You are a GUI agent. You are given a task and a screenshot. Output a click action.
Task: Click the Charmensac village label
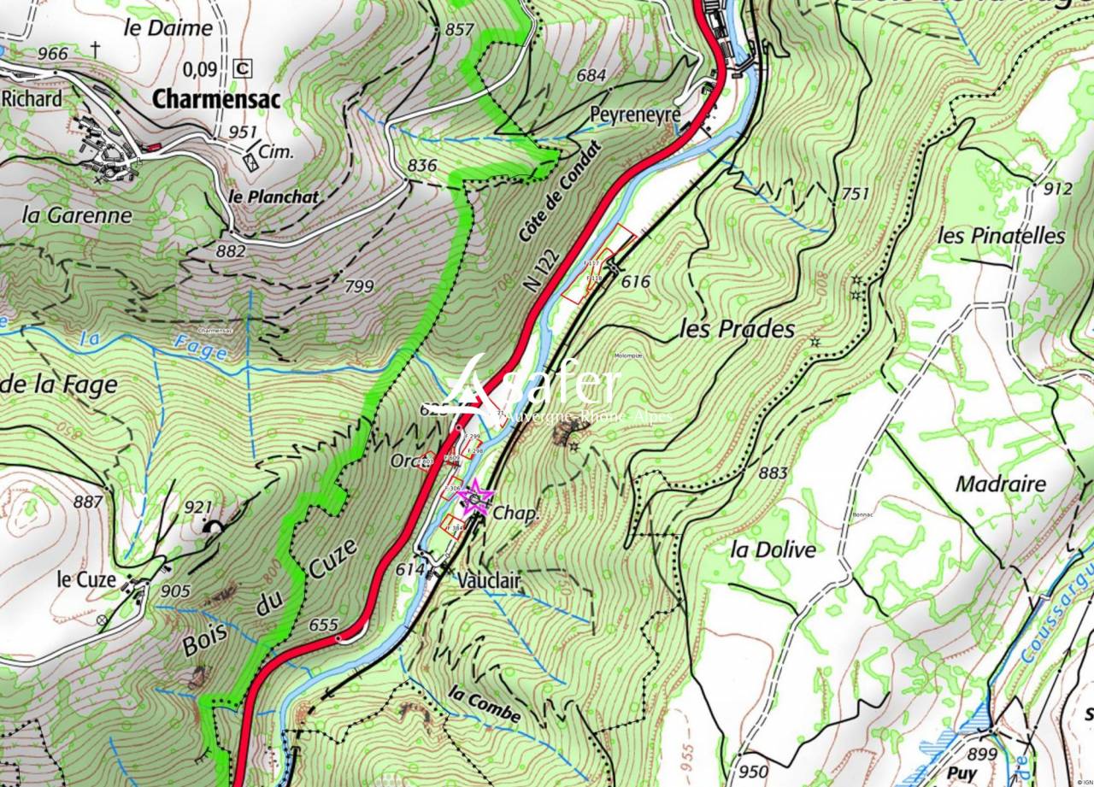tap(216, 99)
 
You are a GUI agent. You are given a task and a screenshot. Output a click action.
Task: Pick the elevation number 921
tap(197, 508)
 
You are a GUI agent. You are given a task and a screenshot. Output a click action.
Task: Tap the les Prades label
tap(737, 329)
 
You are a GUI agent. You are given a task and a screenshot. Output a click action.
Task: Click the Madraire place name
tap(1000, 484)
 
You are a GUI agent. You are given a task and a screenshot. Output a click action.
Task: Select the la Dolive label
tap(773, 549)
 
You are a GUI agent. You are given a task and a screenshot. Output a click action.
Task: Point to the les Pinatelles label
tap(1001, 235)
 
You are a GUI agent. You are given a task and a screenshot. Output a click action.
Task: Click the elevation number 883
tap(772, 473)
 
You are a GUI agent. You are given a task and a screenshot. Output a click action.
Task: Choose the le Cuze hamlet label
tap(86, 579)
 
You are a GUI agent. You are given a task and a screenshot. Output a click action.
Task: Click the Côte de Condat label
tap(560, 191)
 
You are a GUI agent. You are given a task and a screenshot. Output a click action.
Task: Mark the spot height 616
tap(636, 281)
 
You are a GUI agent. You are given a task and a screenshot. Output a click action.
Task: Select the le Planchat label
tap(273, 196)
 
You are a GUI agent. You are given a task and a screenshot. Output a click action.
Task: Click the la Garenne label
tap(78, 215)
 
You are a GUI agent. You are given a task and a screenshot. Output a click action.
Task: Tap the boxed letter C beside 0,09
tap(244, 68)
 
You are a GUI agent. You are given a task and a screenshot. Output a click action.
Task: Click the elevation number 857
tap(459, 29)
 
